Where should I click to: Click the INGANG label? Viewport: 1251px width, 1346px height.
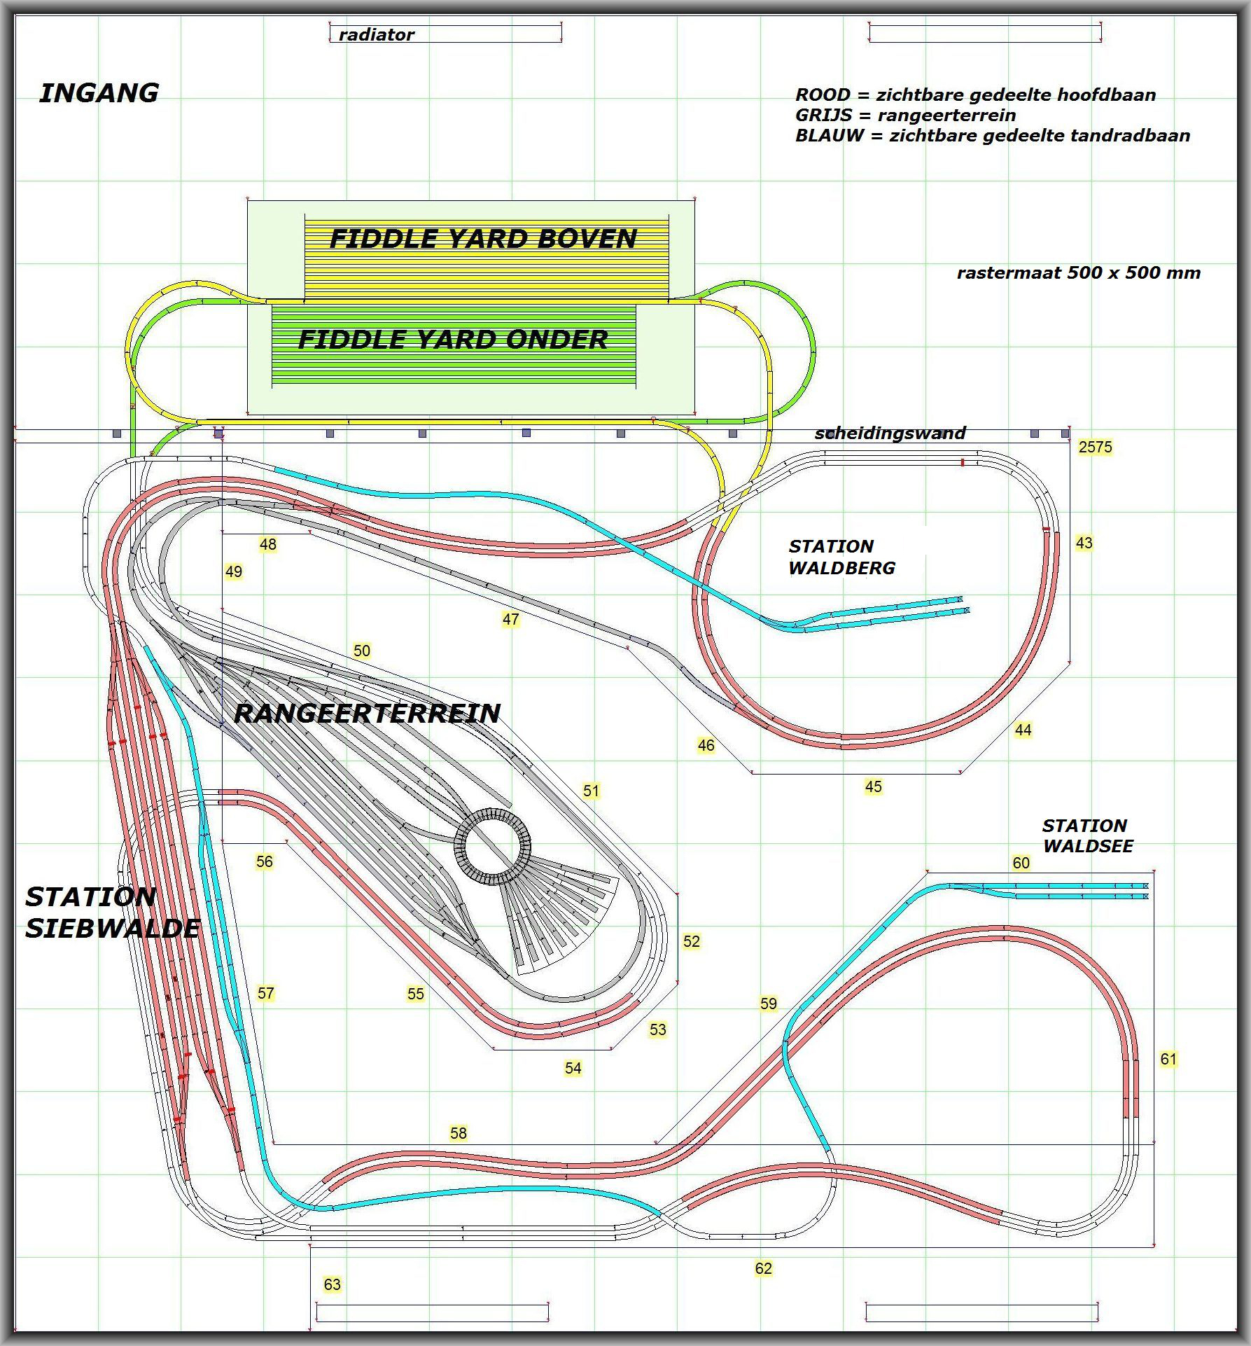pyautogui.click(x=99, y=93)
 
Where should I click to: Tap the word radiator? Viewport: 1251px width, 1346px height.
pyautogui.click(x=376, y=34)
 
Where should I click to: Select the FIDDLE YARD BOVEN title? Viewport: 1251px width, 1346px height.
pyautogui.click(x=483, y=239)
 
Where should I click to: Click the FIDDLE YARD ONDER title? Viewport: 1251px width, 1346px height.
pyautogui.click(x=453, y=340)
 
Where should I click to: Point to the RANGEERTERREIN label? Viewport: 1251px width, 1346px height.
pyautogui.click(x=367, y=713)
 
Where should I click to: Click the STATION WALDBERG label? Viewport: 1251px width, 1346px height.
pyautogui.click(x=841, y=557)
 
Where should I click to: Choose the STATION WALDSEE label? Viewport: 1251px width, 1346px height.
pyautogui.click(x=1087, y=835)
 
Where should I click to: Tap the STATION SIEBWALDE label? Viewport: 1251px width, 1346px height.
pyautogui.click(x=113, y=913)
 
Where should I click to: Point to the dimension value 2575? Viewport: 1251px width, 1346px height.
pyautogui.click(x=1095, y=447)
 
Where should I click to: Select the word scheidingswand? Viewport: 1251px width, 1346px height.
pyautogui.click(x=890, y=433)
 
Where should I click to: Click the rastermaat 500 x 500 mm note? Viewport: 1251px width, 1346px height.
pyautogui.click(x=1078, y=273)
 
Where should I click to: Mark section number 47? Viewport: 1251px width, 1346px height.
pyautogui.click(x=510, y=619)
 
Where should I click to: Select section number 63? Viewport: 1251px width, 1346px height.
pyautogui.click(x=332, y=1284)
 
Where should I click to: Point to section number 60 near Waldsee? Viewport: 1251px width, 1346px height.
pyautogui.click(x=1021, y=863)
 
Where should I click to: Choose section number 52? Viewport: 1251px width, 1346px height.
pyautogui.click(x=692, y=941)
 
